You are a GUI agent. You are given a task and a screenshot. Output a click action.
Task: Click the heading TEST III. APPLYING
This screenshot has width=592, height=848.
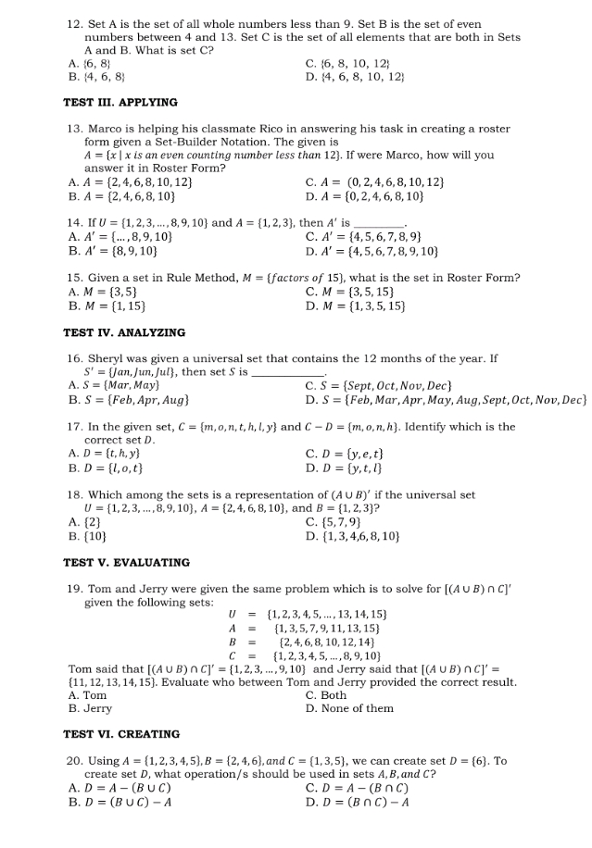click(120, 102)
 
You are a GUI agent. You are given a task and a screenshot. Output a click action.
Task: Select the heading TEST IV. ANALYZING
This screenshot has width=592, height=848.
click(124, 332)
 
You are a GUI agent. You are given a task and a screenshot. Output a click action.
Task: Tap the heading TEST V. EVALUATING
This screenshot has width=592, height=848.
click(126, 562)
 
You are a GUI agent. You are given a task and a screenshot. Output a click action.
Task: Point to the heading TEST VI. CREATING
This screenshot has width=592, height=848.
click(121, 734)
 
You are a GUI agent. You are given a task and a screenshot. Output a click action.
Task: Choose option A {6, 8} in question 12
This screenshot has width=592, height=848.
click(92, 64)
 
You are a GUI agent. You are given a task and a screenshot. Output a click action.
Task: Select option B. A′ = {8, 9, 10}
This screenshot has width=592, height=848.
click(113, 251)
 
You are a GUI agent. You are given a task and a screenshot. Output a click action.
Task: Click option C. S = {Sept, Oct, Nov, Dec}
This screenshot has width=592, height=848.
click(378, 384)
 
